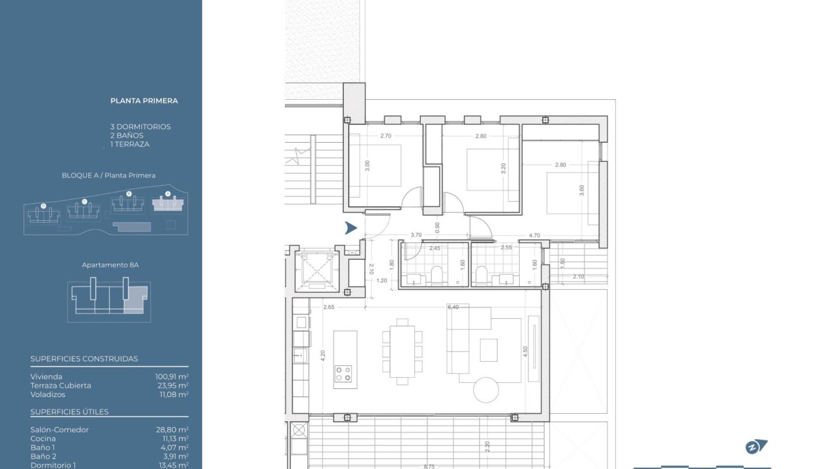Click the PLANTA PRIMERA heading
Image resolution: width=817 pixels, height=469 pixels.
tap(144, 100)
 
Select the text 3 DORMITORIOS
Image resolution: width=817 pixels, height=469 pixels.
tap(141, 127)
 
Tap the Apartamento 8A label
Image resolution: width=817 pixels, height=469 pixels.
tap(110, 265)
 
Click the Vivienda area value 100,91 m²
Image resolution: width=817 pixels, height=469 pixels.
tap(172, 377)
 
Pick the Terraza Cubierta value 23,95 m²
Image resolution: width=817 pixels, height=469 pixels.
tap(173, 385)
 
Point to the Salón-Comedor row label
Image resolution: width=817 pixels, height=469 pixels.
tap(59, 429)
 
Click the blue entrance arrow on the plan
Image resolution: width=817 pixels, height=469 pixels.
tap(351, 228)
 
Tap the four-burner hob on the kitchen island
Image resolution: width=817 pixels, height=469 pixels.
tap(343, 373)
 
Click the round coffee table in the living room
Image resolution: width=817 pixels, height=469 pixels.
tap(486, 390)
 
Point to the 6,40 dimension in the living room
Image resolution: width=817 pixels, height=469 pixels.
tap(453, 307)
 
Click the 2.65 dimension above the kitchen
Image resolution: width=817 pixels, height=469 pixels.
tap(329, 307)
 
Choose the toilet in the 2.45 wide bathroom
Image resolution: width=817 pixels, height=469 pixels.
tap(437, 274)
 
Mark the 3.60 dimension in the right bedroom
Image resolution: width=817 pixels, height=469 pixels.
tap(581, 190)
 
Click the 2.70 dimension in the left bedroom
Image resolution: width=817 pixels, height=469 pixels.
tap(385, 136)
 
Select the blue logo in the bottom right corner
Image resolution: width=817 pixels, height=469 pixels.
tap(756, 447)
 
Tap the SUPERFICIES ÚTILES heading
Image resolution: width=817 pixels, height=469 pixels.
tap(69, 412)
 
